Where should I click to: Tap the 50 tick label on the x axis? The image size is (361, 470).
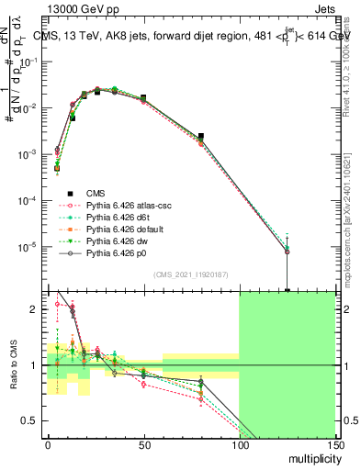click(x=143, y=446)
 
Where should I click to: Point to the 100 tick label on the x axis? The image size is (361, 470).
click(x=239, y=446)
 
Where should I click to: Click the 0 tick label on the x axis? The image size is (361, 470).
click(x=48, y=446)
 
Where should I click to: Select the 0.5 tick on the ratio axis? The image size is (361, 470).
click(x=32, y=420)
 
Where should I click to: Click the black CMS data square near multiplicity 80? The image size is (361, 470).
click(x=200, y=136)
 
